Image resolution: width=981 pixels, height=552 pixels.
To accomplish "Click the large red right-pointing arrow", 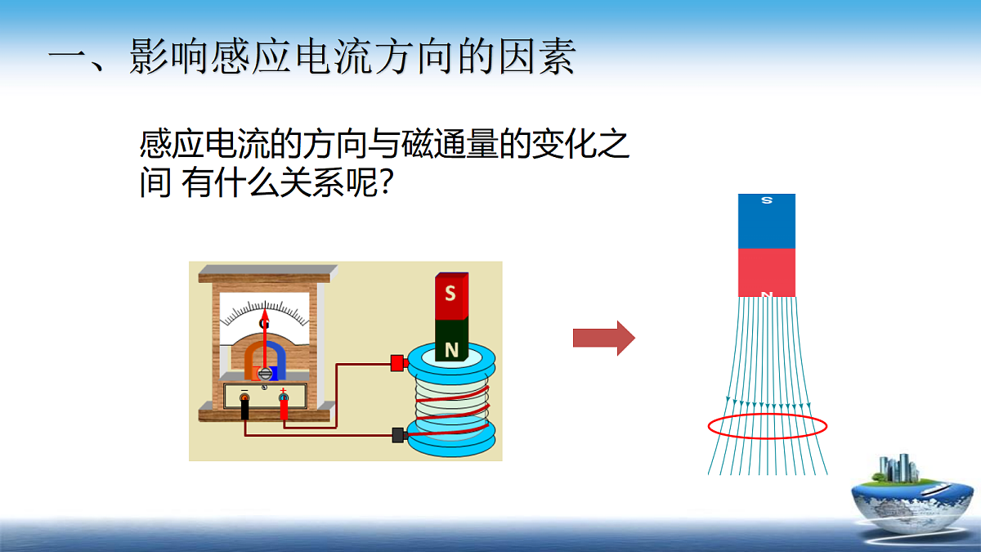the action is point(604,338).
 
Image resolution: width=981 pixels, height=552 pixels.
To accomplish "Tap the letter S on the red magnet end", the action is point(450,293).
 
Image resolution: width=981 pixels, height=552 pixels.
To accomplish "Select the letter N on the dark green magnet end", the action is point(451,350).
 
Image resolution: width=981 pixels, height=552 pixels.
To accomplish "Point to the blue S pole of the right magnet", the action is point(767,222).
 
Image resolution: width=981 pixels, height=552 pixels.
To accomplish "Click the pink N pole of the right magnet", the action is point(767,272).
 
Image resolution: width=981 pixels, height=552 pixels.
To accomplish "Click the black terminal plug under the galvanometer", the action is point(244,407).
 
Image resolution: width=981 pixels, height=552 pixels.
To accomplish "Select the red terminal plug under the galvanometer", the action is point(284,406).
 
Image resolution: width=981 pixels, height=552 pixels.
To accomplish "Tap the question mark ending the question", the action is point(386,183).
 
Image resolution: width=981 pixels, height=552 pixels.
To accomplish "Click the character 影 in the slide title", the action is point(148,56).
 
